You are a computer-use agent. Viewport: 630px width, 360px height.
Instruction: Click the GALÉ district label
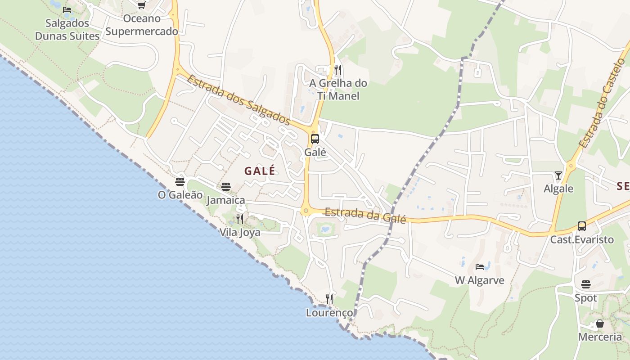pyautogui.click(x=260, y=171)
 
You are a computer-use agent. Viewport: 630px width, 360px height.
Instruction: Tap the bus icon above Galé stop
pyautogui.click(x=315, y=139)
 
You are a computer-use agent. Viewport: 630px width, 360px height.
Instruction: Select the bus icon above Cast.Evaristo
pyautogui.click(x=582, y=226)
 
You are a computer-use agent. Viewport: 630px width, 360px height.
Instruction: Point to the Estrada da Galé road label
pyautogui.click(x=365, y=215)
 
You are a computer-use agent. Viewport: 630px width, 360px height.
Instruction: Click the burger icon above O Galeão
pyautogui.click(x=180, y=182)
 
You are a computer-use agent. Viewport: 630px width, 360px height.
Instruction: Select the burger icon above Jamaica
pyautogui.click(x=226, y=187)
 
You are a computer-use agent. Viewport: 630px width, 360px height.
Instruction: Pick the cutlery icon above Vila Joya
pyautogui.click(x=240, y=219)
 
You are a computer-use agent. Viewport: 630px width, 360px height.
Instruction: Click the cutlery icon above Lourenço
pyautogui.click(x=329, y=299)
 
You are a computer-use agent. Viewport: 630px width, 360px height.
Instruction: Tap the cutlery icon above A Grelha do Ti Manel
pyautogui.click(x=338, y=70)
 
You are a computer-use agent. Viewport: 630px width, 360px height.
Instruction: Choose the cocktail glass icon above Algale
pyautogui.click(x=558, y=175)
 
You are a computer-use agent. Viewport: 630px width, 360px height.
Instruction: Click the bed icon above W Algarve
pyautogui.click(x=480, y=267)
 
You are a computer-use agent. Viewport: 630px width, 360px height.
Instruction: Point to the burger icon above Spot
pyautogui.click(x=585, y=284)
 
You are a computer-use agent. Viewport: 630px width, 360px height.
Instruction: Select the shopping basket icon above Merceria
pyautogui.click(x=600, y=324)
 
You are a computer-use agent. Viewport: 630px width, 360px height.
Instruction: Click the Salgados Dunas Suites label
pyautogui.click(x=67, y=30)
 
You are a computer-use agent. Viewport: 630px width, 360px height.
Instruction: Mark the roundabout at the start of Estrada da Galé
pyautogui.click(x=306, y=211)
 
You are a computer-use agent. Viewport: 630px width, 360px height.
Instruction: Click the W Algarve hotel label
pyautogui.click(x=480, y=280)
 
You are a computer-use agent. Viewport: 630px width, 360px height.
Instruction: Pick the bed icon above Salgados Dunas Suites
pyautogui.click(x=67, y=9)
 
